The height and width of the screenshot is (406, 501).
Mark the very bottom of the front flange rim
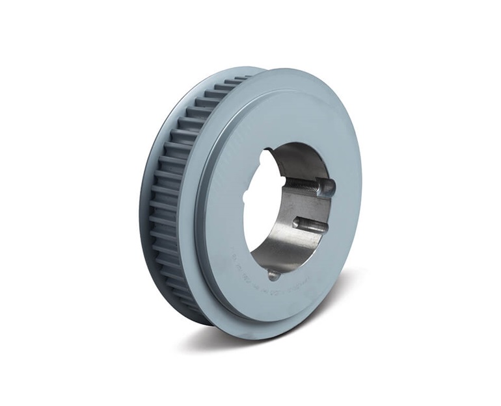pyautogui.click(x=260, y=338)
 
